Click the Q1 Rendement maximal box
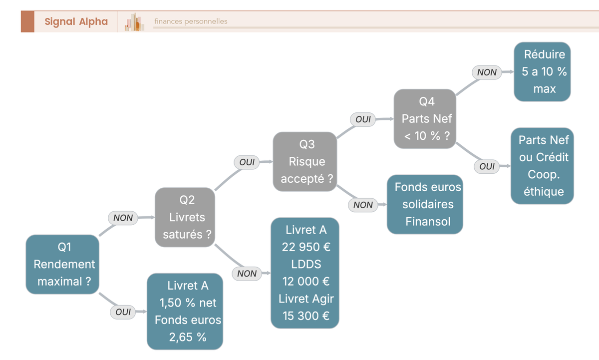pyautogui.click(x=62, y=264)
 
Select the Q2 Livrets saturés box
pyautogui.click(x=185, y=217)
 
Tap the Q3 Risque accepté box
pyautogui.click(x=305, y=162)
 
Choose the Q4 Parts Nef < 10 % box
pyautogui.click(x=425, y=119)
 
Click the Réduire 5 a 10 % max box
pyautogui.click(x=542, y=72)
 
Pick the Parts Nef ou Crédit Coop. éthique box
pyautogui.click(x=542, y=166)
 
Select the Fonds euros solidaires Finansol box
pyautogui.click(x=425, y=204)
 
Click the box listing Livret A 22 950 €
pyautogui.click(x=305, y=273)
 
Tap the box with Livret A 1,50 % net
pyautogui.click(x=185, y=312)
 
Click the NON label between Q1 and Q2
pyautogui.click(x=123, y=218)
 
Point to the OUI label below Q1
pyautogui.click(x=123, y=312)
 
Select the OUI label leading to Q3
pyautogui.click(x=247, y=162)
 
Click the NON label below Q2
pyautogui.click(x=247, y=273)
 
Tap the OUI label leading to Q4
pyautogui.click(x=363, y=119)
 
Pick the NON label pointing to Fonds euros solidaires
pyautogui.click(x=363, y=205)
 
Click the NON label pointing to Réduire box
pyautogui.click(x=487, y=72)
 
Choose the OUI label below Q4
pyautogui.click(x=487, y=166)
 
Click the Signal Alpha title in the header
pyautogui.click(x=76, y=21)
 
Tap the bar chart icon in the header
pyautogui.click(x=134, y=22)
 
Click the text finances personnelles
pyautogui.click(x=191, y=21)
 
